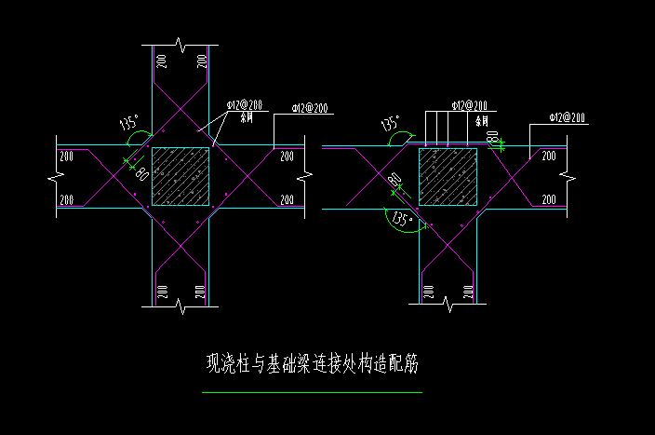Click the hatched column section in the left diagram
click(180, 176)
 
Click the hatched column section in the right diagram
click(448, 175)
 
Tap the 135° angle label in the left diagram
click(129, 122)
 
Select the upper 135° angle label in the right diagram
click(390, 123)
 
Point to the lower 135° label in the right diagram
click(402, 220)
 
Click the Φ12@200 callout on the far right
click(568, 117)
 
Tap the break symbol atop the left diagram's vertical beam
click(178, 45)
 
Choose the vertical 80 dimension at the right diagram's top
click(492, 137)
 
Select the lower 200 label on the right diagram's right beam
click(549, 199)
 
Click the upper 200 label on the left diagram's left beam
click(66, 156)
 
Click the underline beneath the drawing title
click(312, 393)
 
